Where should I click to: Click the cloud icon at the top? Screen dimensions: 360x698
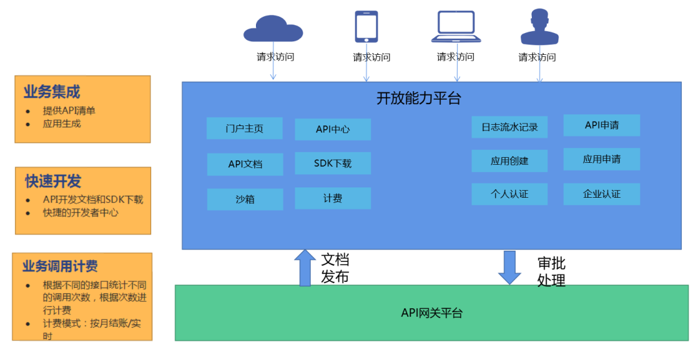click(272, 29)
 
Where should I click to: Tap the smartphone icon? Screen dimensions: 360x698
click(366, 26)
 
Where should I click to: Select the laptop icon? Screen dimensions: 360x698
click(456, 28)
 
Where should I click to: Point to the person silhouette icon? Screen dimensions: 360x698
click(539, 27)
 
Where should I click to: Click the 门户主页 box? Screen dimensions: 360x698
click(244, 128)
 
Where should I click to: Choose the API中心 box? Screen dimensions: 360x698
click(333, 129)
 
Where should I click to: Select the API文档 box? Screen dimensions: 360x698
click(245, 164)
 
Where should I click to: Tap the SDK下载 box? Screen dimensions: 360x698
click(333, 164)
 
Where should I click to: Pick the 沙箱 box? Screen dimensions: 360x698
click(245, 199)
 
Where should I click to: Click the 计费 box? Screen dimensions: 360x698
click(333, 198)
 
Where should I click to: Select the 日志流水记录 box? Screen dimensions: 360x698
click(509, 127)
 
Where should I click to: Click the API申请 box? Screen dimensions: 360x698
click(602, 125)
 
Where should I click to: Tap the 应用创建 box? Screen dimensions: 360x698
click(509, 161)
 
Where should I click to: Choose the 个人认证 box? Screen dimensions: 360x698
click(509, 194)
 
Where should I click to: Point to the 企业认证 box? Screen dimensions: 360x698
click(602, 194)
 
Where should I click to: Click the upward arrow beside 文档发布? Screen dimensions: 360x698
click(305, 268)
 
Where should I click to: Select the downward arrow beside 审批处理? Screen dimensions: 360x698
click(509, 267)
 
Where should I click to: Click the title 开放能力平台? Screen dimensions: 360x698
click(419, 98)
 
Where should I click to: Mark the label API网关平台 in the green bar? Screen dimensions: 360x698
click(432, 313)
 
